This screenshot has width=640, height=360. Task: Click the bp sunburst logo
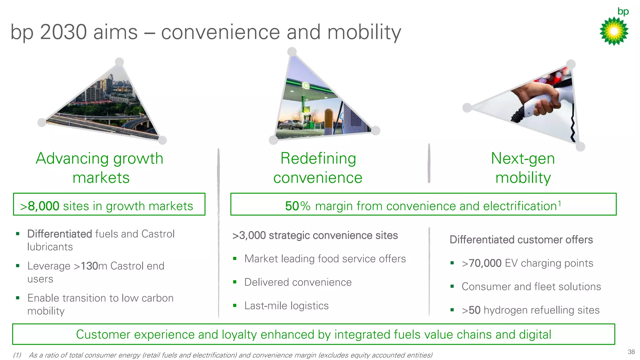click(x=614, y=31)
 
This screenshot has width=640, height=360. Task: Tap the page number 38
click(x=631, y=352)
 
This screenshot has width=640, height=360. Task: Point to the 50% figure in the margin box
click(x=297, y=206)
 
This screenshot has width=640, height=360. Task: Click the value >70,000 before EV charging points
click(x=482, y=263)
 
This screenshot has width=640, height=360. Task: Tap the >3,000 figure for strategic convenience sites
click(x=249, y=235)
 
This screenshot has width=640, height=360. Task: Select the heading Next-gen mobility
click(x=523, y=168)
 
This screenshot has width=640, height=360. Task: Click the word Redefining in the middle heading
click(x=318, y=158)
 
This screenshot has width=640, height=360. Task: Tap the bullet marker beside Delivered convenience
click(x=235, y=282)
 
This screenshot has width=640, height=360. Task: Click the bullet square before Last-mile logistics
click(x=235, y=306)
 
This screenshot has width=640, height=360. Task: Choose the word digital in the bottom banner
click(x=535, y=334)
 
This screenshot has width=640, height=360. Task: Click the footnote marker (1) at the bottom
click(x=17, y=355)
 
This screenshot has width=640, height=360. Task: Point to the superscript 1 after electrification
click(x=559, y=203)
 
